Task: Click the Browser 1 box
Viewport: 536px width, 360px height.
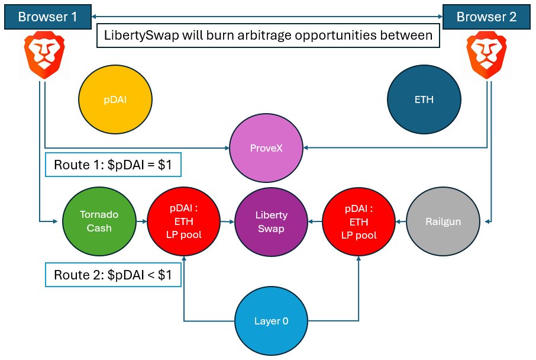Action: click(x=47, y=17)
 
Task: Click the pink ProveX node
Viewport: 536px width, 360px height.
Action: click(x=264, y=147)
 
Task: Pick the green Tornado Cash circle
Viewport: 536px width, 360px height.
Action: click(x=99, y=221)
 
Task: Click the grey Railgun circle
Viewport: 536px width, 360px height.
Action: click(x=442, y=221)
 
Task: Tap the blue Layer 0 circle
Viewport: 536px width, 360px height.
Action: click(x=271, y=322)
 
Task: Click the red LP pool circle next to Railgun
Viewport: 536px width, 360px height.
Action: click(x=358, y=221)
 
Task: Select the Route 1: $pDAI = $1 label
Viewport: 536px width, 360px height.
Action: click(x=112, y=165)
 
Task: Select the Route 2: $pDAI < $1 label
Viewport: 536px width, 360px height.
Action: click(x=112, y=275)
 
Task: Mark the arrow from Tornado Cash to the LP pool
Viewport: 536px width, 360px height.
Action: click(x=141, y=221)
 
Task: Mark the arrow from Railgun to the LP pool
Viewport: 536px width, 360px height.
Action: click(x=401, y=221)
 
